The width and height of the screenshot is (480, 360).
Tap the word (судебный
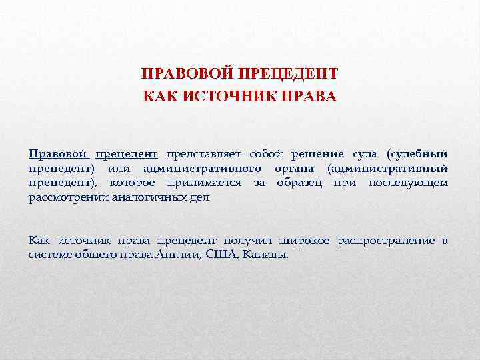point(417,155)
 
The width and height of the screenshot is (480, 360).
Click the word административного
point(197,169)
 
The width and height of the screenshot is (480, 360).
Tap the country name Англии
point(179,254)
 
